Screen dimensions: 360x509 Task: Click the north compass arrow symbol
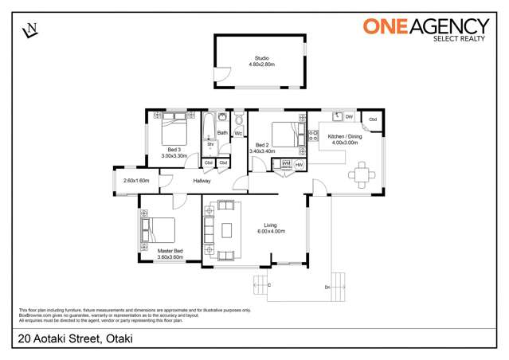31,29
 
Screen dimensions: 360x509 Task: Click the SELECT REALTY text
460,38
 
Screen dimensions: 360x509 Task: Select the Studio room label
261,58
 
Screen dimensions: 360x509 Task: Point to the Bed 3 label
173,150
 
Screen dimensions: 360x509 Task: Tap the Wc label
237,133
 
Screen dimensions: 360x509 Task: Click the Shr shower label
210,144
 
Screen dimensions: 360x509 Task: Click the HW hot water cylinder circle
299,164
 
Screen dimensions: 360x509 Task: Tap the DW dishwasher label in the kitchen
349,117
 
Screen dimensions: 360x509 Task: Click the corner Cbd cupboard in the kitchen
372,120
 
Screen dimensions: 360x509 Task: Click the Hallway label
202,182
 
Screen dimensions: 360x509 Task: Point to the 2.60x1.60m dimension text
136,181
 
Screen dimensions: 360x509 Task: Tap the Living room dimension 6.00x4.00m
271,231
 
